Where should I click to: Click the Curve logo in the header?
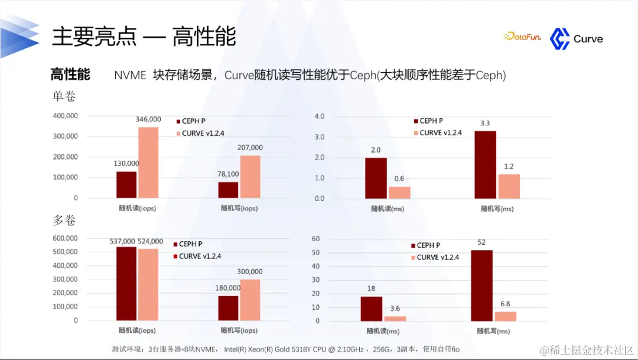(576, 39)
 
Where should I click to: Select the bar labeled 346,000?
(148, 163)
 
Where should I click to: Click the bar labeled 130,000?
(126, 184)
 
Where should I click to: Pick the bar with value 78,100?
(228, 190)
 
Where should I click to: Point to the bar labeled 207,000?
(250, 177)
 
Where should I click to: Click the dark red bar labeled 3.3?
(485, 164)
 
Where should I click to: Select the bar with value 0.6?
(399, 192)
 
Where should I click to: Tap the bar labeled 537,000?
(126, 284)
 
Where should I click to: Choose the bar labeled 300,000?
(250, 300)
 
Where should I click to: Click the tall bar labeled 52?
(481, 286)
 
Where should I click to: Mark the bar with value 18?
(372, 309)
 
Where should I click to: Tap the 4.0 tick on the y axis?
(320, 116)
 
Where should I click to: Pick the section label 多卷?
(64, 220)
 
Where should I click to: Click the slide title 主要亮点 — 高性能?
(144, 37)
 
